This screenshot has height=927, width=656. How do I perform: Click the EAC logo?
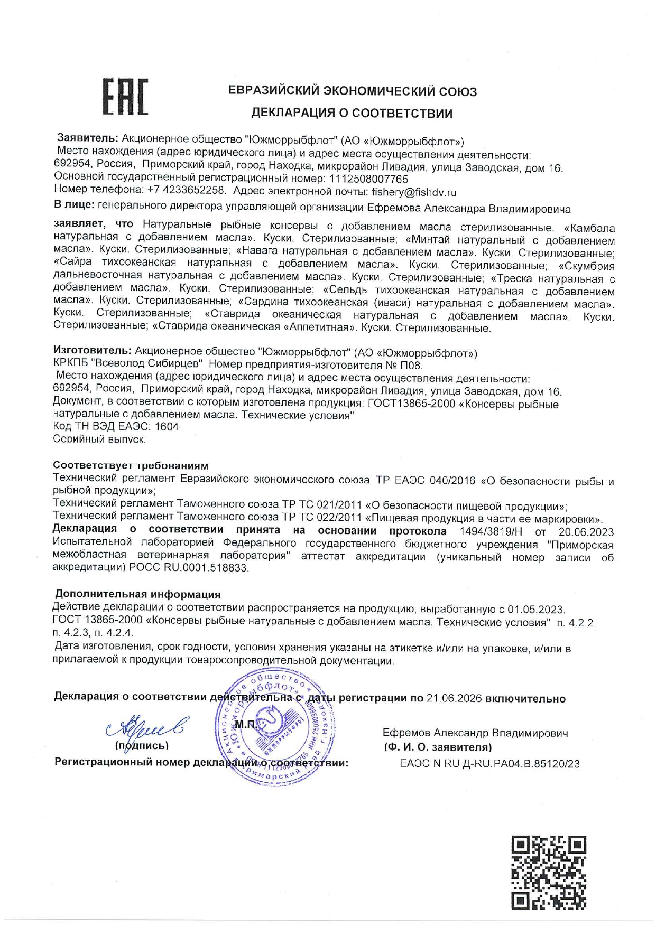click(125, 97)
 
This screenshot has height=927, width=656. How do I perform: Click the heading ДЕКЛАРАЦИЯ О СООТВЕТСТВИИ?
click(352, 113)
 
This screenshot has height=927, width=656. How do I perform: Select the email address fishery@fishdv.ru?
click(414, 192)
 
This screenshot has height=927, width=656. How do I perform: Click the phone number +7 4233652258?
click(187, 190)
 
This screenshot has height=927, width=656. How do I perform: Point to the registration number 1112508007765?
click(368, 180)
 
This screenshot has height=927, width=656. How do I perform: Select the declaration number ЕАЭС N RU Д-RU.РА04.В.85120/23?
click(489, 764)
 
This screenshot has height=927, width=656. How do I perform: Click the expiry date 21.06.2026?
click(454, 698)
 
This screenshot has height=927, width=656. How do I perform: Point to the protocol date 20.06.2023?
click(586, 531)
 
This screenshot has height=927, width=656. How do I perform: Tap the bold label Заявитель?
click(87, 138)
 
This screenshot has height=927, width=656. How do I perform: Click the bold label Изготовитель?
click(92, 351)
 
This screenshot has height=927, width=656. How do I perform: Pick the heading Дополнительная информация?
click(137, 594)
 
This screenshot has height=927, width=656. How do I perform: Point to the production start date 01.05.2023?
click(535, 609)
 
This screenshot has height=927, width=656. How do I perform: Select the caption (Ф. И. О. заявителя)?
click(438, 747)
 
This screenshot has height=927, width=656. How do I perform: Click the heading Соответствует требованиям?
click(131, 466)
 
